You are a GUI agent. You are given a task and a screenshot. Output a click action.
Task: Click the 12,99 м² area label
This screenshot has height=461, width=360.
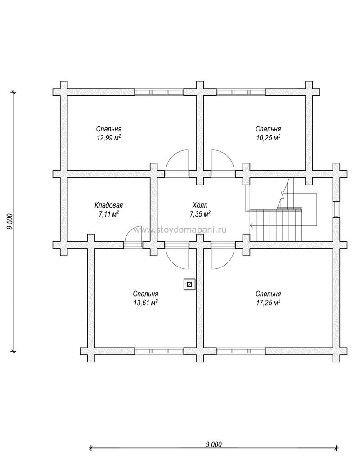[x=109, y=138]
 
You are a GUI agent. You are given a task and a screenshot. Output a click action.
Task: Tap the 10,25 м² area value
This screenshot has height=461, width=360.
[x=268, y=138]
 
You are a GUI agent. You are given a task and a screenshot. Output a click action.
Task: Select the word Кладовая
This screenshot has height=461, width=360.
[x=108, y=205]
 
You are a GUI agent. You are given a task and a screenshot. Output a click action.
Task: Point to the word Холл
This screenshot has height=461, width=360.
[x=200, y=205]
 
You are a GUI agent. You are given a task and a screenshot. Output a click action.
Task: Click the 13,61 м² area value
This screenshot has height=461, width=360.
[x=146, y=303]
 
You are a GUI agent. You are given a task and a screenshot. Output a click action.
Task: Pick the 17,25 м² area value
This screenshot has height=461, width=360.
[x=268, y=303]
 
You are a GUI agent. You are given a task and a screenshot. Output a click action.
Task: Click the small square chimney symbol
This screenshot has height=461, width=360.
[x=189, y=285]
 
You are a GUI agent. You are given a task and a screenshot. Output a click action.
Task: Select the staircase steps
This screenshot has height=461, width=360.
[x=276, y=224]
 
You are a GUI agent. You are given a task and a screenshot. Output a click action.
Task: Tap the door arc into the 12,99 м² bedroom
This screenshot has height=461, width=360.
[x=176, y=163]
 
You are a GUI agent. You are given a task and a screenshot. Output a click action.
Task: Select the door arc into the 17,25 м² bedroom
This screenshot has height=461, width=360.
[x=223, y=256]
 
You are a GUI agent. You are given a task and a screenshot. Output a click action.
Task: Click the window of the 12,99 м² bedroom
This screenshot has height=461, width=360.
[x=160, y=92]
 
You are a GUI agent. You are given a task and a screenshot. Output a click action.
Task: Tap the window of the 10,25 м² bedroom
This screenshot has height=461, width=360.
[x=241, y=92]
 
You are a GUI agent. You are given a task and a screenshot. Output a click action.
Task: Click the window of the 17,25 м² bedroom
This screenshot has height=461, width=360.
[x=241, y=351]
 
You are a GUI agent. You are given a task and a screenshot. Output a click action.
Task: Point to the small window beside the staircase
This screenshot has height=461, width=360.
[x=336, y=209]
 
